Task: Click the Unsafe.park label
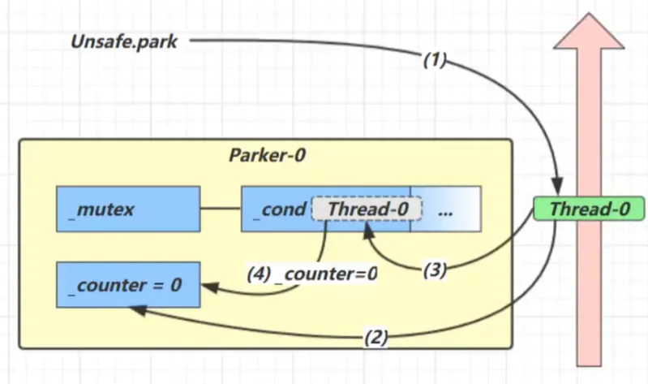coord(124,41)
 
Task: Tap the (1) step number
coord(435,60)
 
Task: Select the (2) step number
coord(375,338)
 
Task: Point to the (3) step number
coord(435,270)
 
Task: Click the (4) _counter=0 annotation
coord(312,274)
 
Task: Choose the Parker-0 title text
coord(267,155)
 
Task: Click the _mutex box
coord(128,209)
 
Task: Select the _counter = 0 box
coord(128,285)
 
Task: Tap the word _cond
coord(279,209)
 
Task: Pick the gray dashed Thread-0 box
coord(367,209)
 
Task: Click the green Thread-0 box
coord(589,209)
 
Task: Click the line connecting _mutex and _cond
coord(221,208)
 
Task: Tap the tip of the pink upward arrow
coord(589,13)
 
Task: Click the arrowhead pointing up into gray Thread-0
coord(367,230)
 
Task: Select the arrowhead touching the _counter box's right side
coord(208,287)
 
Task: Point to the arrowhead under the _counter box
coord(138,310)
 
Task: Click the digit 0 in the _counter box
coord(176,285)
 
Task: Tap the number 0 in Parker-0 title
coord(300,155)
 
